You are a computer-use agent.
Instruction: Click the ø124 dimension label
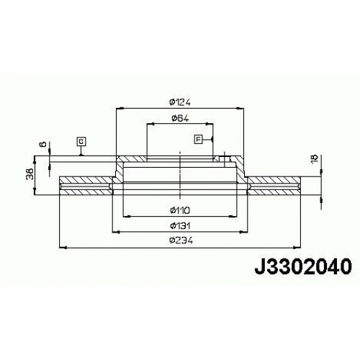[x=180, y=102]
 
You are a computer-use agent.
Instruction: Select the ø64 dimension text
[x=180, y=118]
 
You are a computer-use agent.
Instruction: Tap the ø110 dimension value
[x=180, y=210]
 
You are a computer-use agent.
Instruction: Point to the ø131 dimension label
[x=180, y=226]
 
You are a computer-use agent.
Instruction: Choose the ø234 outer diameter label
[x=181, y=240]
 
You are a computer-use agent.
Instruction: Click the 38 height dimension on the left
[x=30, y=174]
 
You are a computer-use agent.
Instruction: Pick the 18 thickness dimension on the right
[x=315, y=159]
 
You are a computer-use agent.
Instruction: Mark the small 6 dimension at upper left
[x=43, y=144]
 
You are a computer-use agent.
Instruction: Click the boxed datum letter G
[x=81, y=142]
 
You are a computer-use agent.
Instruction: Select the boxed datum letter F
[x=199, y=139]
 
